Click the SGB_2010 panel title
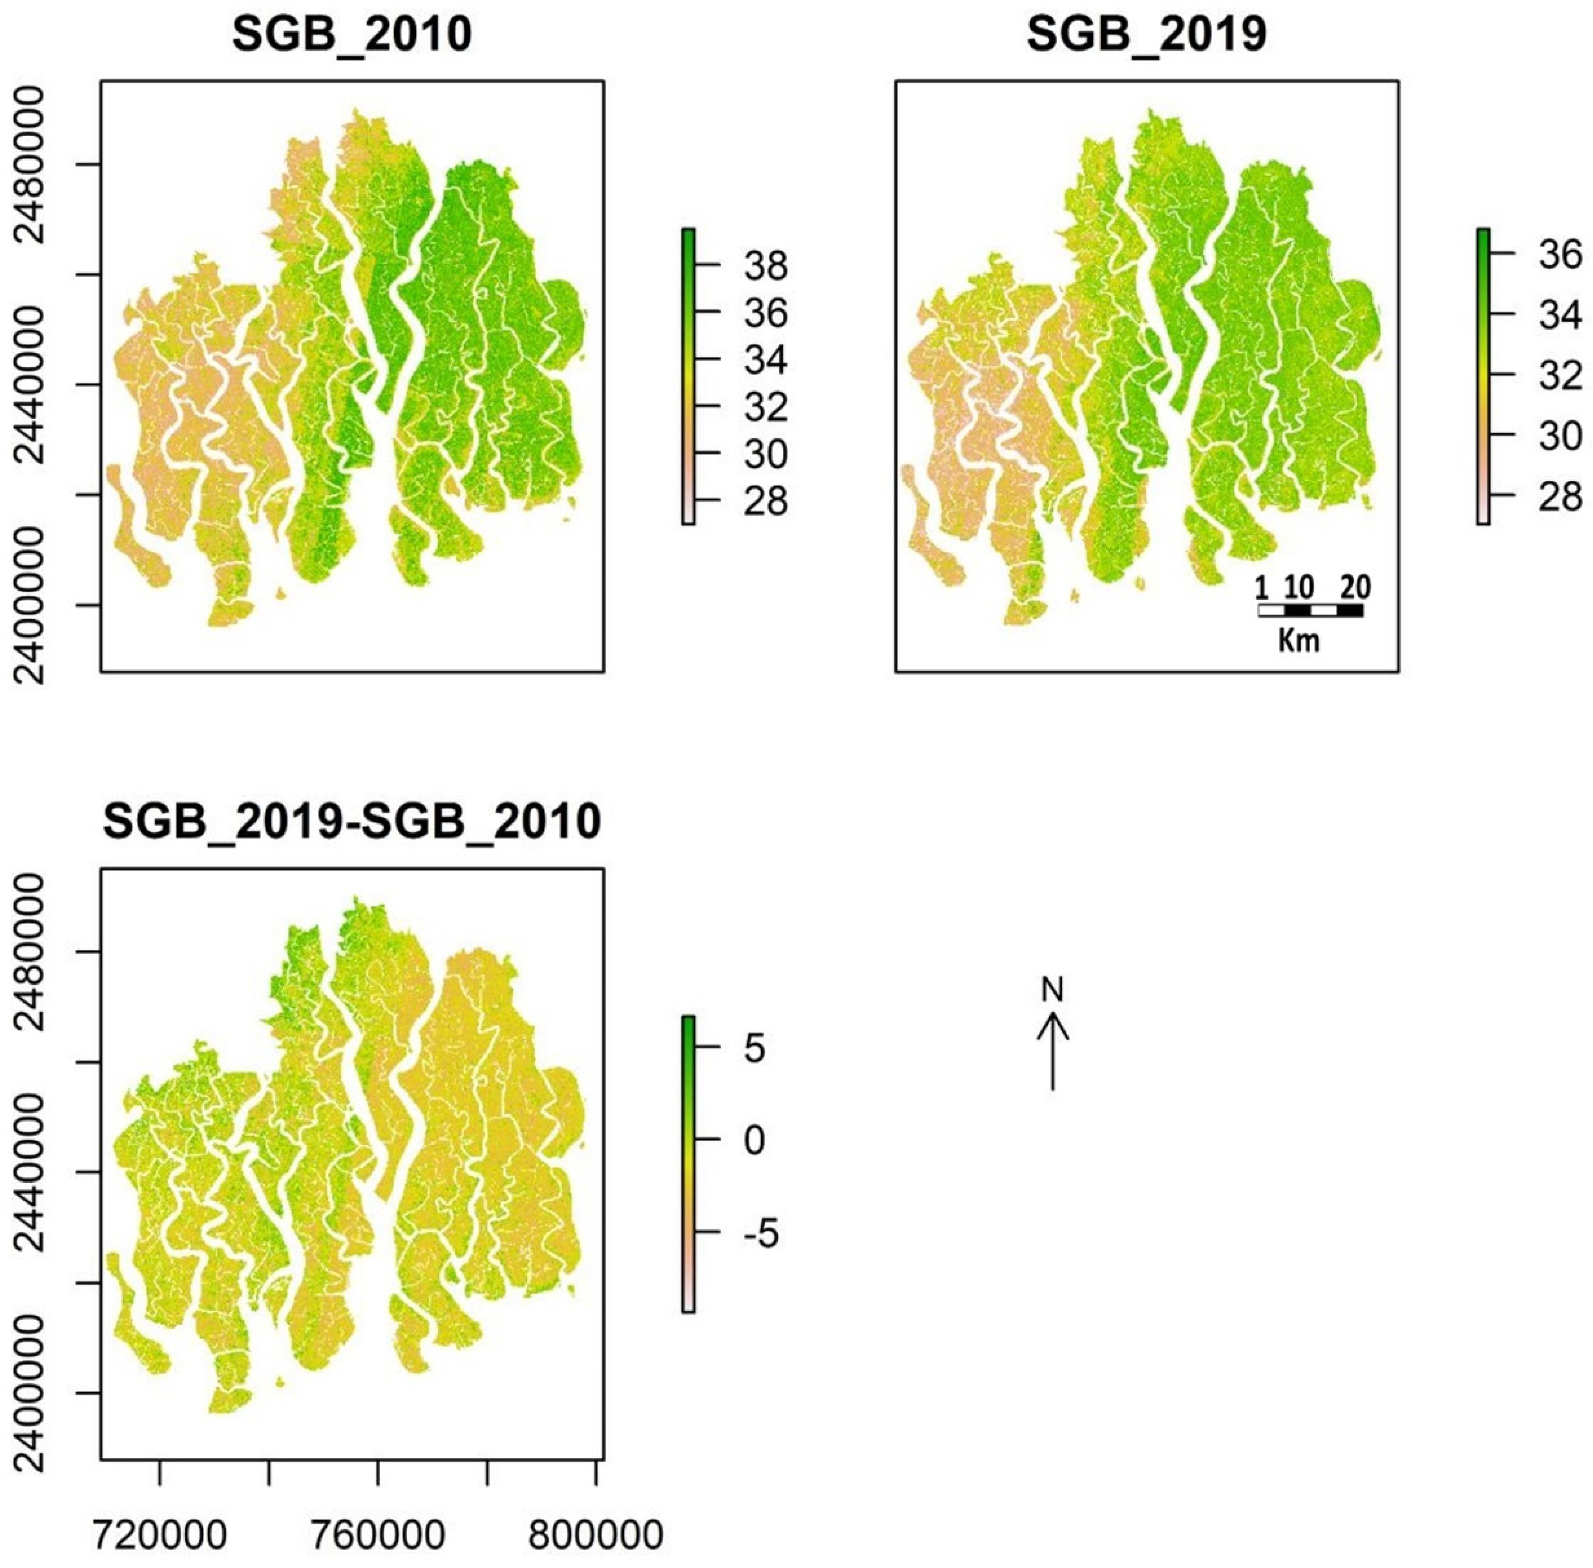tap(352, 36)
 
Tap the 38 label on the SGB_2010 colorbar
tap(765, 267)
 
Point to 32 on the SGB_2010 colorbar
tap(765, 408)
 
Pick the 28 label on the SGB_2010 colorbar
tap(765, 502)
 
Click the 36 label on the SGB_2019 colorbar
tap(1559, 255)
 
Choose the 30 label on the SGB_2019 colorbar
tap(1559, 436)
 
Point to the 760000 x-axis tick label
tap(379, 1535)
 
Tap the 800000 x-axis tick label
tap(594, 1535)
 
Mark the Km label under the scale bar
tap(1299, 641)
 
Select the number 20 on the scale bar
tap(1355, 587)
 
